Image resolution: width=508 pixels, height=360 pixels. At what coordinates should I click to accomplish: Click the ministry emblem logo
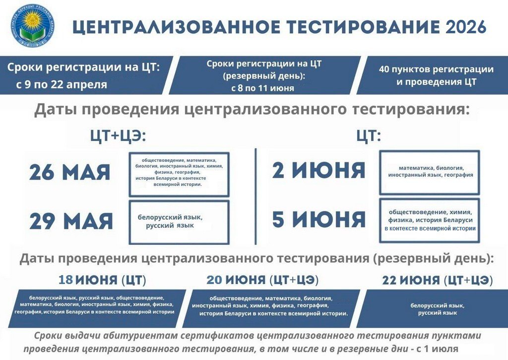click(32, 25)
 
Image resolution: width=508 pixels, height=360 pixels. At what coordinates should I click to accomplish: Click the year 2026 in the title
click(466, 27)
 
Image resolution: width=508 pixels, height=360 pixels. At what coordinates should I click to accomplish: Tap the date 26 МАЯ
click(69, 172)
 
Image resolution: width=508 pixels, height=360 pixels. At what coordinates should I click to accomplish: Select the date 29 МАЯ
click(71, 221)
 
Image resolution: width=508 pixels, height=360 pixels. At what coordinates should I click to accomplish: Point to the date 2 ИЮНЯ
click(318, 170)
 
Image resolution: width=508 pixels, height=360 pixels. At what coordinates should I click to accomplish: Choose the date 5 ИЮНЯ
click(319, 219)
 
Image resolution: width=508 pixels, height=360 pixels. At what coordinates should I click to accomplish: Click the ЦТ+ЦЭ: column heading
click(118, 136)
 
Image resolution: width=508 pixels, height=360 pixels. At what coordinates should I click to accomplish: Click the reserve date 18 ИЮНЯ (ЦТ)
click(102, 280)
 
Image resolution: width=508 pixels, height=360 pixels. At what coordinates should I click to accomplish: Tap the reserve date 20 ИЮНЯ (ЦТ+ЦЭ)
click(262, 280)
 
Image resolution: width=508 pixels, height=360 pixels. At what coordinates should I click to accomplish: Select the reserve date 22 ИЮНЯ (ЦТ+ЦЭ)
click(438, 280)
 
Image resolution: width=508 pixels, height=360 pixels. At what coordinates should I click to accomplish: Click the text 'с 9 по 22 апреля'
click(61, 84)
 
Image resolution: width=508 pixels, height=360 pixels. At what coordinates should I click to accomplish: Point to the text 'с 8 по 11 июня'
click(263, 88)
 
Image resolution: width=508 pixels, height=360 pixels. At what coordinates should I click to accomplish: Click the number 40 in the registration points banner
click(384, 70)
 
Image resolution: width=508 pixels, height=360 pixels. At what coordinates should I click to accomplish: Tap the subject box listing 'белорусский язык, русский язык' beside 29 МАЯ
click(179, 222)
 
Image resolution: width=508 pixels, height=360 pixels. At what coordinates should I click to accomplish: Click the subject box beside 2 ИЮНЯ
click(429, 172)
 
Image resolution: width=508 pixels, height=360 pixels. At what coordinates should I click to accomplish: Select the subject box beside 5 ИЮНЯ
click(429, 220)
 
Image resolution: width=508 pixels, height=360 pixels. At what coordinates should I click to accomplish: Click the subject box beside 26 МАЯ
click(179, 174)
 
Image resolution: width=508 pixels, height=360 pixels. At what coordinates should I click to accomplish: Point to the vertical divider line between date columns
click(255, 196)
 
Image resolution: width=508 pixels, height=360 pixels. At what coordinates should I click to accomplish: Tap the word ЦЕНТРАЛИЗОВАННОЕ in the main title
click(176, 27)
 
